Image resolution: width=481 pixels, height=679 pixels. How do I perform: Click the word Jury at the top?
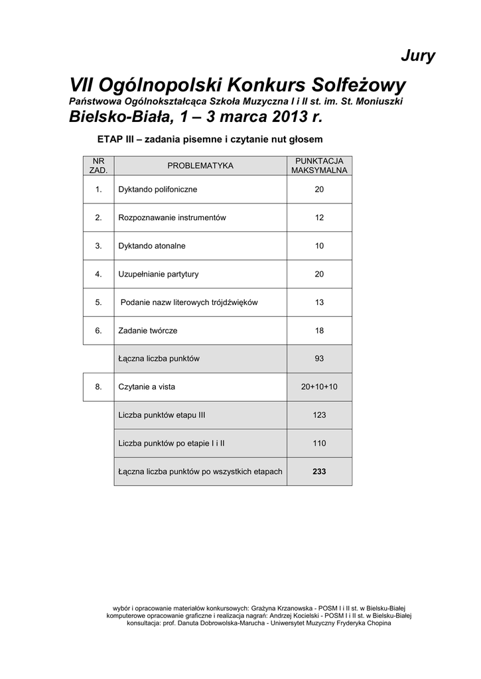418,56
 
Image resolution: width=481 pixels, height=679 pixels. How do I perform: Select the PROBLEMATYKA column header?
200,166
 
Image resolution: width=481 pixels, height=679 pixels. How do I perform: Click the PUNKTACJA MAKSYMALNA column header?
319,166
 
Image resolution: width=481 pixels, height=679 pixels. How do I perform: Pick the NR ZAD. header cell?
98,166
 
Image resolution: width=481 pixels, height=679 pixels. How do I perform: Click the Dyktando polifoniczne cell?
157,190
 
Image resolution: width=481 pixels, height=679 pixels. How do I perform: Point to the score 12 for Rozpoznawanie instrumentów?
319,217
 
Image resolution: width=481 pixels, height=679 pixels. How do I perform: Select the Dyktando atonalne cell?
152,246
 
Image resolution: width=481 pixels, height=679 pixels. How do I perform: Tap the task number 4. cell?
98,274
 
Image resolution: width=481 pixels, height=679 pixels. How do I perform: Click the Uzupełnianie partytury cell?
159,274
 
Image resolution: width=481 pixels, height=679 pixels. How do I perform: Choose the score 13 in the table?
319,302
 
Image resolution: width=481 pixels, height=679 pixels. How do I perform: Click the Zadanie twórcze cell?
148,330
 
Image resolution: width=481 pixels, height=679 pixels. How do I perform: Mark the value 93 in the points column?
319,359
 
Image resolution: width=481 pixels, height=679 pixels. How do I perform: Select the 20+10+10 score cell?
319,387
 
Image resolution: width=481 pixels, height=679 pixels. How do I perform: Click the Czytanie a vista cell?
147,387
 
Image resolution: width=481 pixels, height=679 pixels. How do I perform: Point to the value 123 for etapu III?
319,415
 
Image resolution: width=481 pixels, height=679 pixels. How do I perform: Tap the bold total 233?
319,471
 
